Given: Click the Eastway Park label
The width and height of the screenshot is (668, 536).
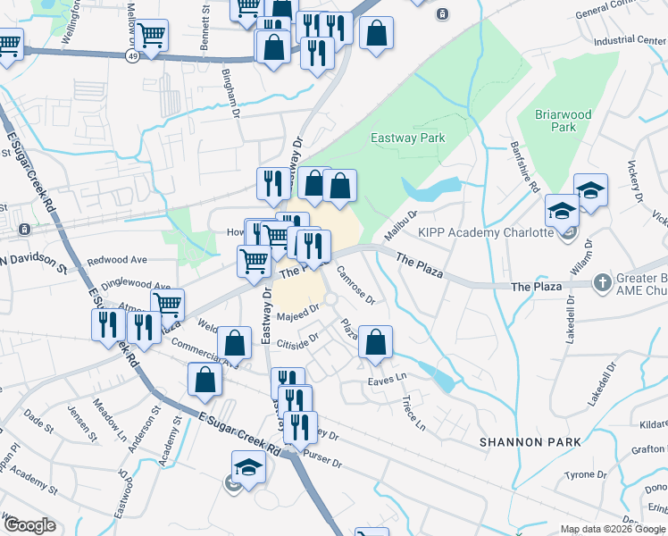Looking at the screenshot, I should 407,138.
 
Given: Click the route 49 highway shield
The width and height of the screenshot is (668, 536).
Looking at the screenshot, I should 131,55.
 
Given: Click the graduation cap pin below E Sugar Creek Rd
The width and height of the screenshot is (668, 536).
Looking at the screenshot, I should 248,466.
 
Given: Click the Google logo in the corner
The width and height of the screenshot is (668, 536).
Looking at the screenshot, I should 29,525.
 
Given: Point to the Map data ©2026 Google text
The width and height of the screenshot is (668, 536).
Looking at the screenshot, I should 612,529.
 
